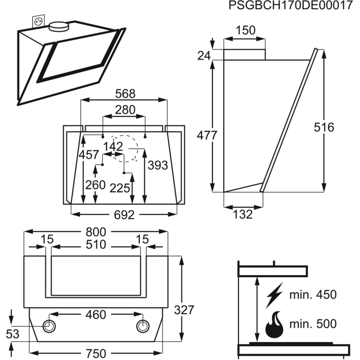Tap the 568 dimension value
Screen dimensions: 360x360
click(125, 94)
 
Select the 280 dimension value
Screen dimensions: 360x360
click(124, 110)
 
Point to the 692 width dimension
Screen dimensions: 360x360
click(124, 215)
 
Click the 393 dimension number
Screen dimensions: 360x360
click(157, 166)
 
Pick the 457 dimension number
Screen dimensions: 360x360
click(89, 155)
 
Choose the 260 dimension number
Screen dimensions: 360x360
click(95, 185)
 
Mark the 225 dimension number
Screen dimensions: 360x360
click(119, 188)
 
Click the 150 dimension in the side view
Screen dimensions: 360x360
click(246, 30)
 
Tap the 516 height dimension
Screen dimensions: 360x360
click(323, 127)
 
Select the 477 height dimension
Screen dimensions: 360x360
click(207, 135)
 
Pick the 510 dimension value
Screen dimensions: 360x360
click(96, 245)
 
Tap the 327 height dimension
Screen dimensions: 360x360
click(184, 310)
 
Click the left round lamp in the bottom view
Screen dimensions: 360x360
click(50, 326)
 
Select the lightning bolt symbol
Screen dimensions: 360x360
click(275, 295)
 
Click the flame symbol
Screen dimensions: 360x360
click(275, 324)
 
